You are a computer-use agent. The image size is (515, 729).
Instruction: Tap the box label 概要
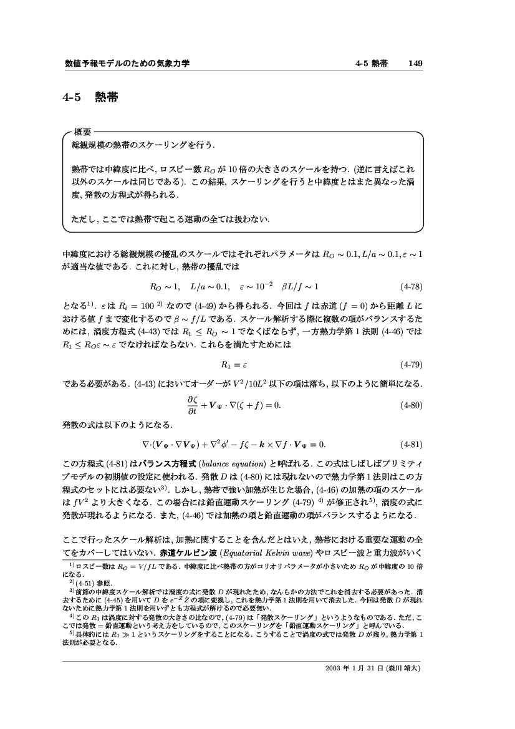point(84,133)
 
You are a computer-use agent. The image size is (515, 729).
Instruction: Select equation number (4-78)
point(412,287)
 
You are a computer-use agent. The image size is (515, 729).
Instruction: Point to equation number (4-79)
point(412,364)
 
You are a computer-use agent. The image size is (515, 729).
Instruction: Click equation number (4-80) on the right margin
point(412,405)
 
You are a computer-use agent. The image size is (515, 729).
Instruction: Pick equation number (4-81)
point(412,445)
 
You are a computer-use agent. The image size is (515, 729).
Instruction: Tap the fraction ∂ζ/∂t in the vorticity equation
point(191,405)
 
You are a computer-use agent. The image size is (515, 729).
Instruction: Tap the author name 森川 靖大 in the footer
point(405,668)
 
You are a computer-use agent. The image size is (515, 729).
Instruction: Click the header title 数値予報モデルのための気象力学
point(127,64)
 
